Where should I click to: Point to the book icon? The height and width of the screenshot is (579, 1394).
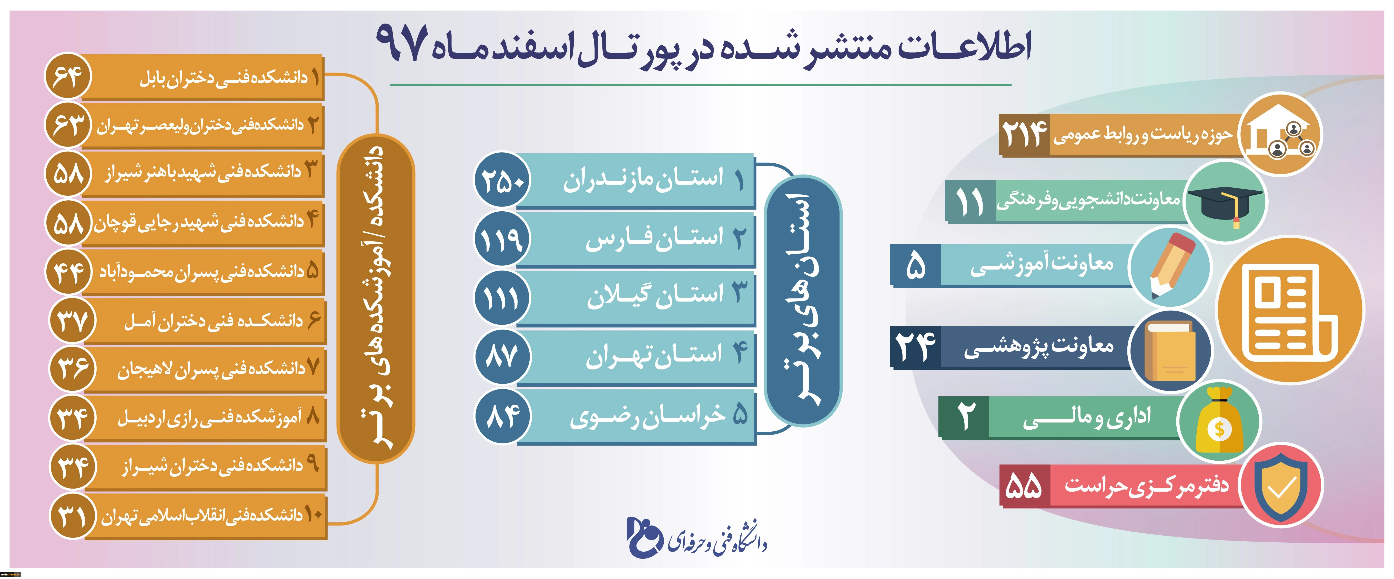tap(1170, 351)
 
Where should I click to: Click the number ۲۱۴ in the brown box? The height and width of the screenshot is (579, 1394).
tap(1024, 134)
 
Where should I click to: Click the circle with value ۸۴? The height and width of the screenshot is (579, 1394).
tap(503, 416)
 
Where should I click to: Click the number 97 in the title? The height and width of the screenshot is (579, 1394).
tap(402, 43)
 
